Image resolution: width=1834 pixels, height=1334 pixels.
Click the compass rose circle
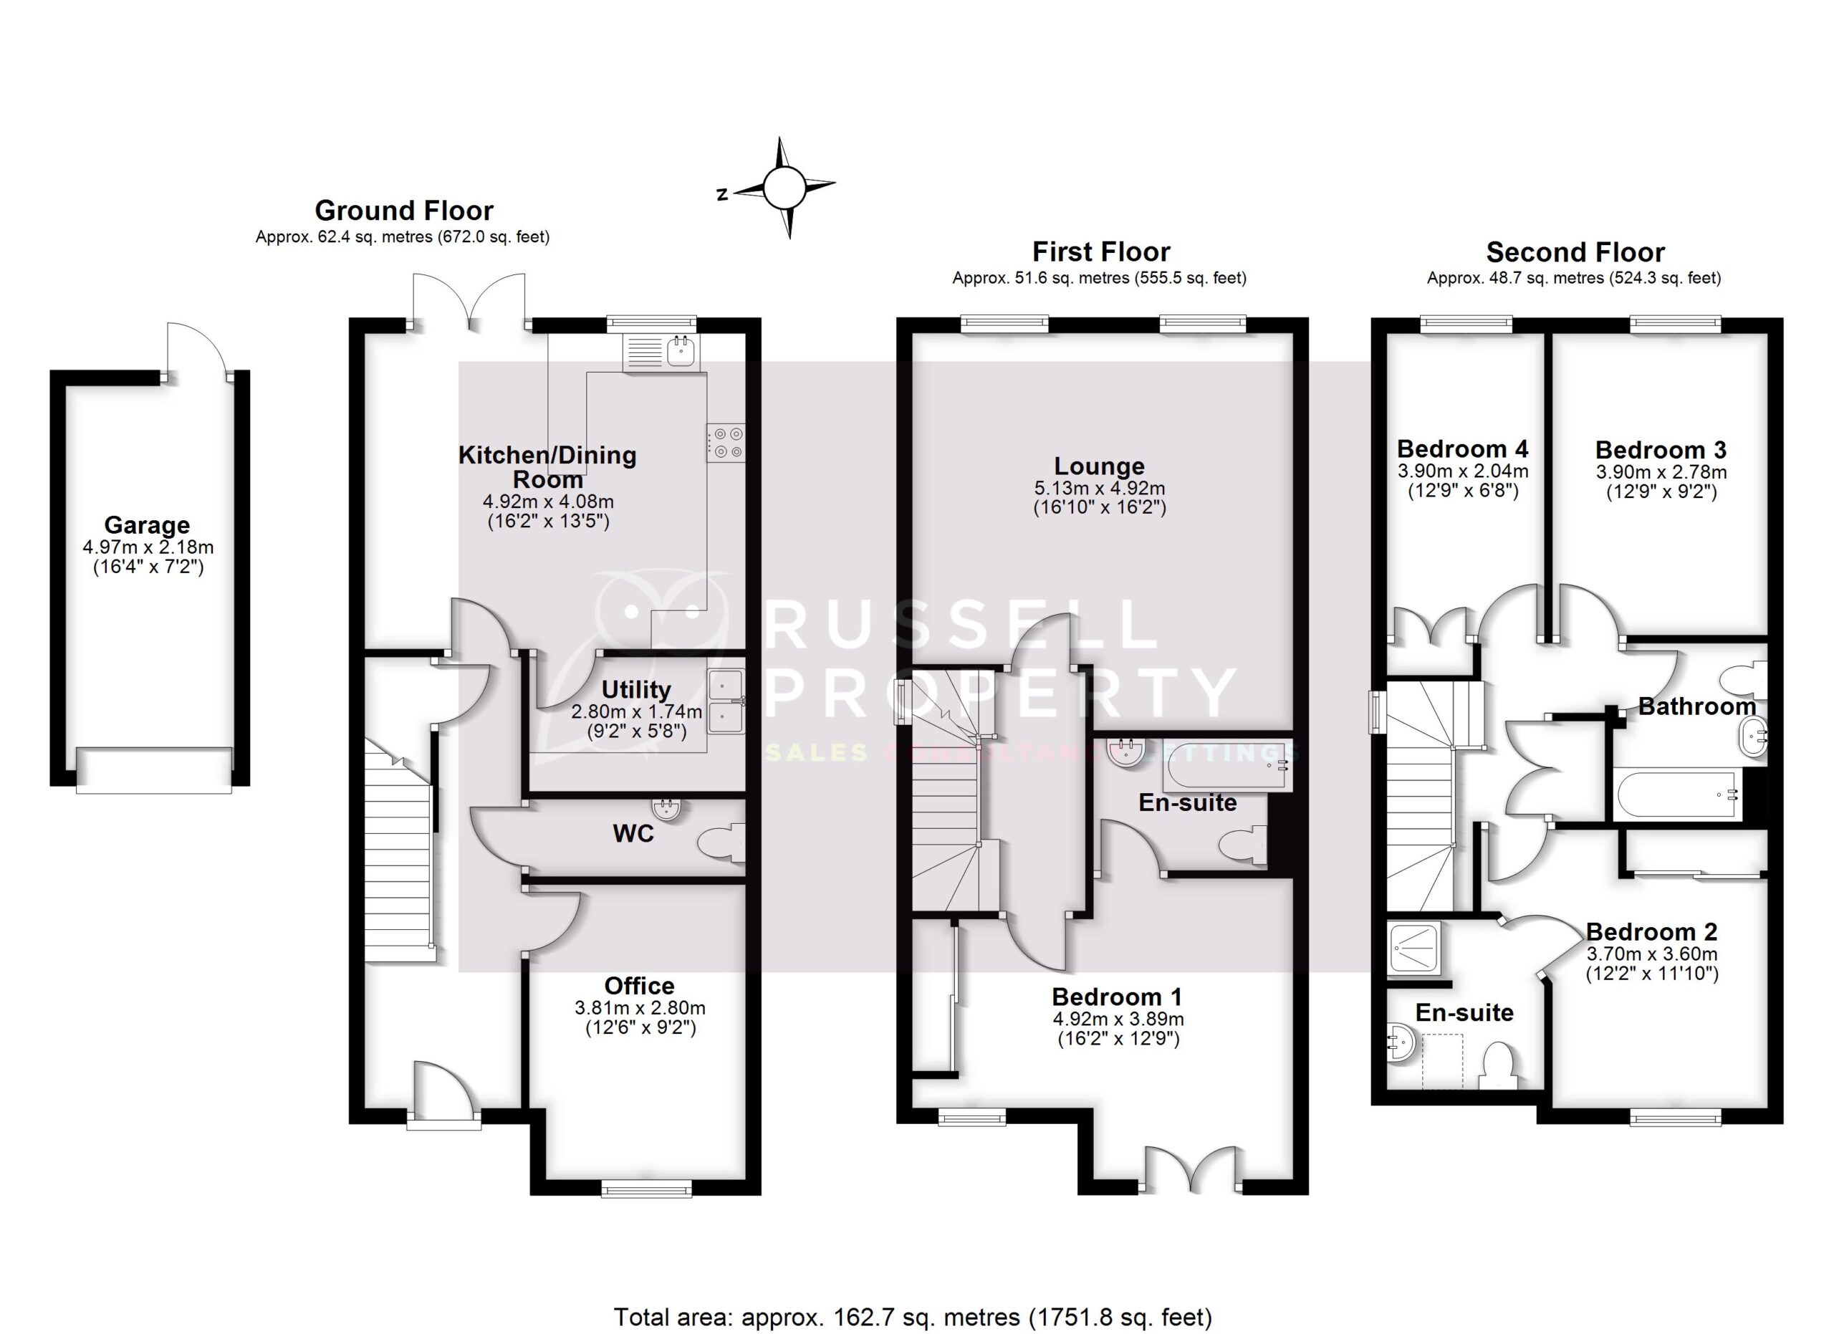tap(784, 188)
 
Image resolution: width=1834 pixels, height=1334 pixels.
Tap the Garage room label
tap(146, 526)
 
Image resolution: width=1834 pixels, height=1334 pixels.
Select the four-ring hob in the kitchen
tap(725, 443)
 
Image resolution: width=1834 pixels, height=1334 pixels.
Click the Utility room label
tap(635, 690)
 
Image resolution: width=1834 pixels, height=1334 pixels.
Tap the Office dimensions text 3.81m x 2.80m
tap(640, 1008)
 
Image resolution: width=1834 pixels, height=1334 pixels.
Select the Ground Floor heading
tap(403, 211)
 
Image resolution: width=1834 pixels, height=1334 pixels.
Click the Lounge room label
tap(1099, 466)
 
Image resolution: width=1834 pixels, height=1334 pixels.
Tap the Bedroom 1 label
tap(1117, 997)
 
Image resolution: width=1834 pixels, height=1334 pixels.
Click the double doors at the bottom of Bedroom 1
tap(1191, 1170)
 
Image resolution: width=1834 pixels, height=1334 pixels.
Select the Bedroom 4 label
tap(1462, 448)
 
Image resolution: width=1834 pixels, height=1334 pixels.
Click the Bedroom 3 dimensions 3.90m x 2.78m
tap(1660, 472)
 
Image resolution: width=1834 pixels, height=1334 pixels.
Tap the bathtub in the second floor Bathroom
tap(1676, 795)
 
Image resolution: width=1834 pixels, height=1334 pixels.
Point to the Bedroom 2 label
tap(1651, 931)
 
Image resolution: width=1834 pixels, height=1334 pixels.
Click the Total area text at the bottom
tap(912, 1317)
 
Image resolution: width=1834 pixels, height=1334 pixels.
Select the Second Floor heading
tap(1575, 253)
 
